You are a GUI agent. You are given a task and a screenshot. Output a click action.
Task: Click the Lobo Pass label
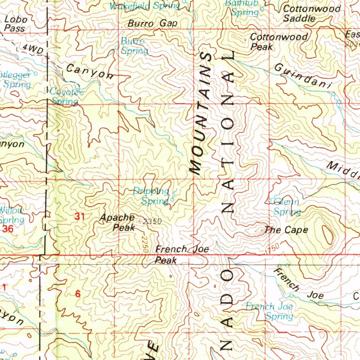click(16, 24)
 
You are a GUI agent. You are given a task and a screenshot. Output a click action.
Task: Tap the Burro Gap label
click(153, 24)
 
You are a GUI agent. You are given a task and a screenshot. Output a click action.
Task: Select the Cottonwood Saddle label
click(311, 13)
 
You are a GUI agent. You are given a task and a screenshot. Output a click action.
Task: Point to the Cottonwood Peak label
click(278, 41)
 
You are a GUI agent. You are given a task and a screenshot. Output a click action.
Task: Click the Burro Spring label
click(134, 46)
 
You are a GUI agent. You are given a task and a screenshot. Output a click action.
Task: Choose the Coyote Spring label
click(65, 97)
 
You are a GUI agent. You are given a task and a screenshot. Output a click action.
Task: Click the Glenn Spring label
click(287, 207)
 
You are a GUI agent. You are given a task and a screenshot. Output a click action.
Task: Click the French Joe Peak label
click(182, 255)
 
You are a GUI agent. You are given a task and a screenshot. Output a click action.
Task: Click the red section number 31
click(80, 217)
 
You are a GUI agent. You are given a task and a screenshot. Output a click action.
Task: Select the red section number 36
click(8, 229)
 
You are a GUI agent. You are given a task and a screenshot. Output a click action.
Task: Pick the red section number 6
click(78, 294)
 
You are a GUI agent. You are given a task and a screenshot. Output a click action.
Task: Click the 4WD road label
click(32, 49)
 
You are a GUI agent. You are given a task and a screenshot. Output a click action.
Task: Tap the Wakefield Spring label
click(144, 6)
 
